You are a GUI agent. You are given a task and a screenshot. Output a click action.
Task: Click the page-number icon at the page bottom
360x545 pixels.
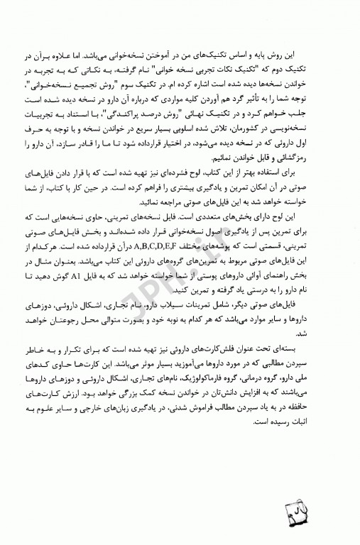319,509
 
